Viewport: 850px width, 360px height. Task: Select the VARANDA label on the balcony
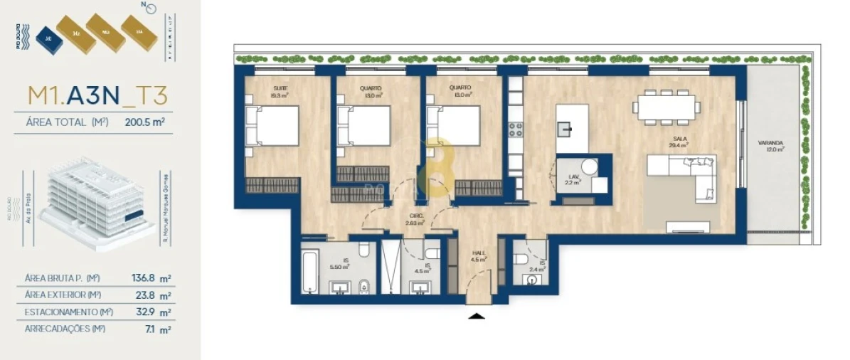point(771,147)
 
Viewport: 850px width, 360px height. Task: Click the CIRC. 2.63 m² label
point(415,220)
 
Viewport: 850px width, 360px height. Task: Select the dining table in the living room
point(666,107)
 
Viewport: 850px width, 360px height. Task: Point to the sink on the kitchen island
point(567,128)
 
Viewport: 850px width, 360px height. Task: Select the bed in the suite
point(272,127)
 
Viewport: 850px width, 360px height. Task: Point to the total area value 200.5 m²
point(144,122)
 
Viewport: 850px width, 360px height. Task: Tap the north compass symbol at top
point(147,9)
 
